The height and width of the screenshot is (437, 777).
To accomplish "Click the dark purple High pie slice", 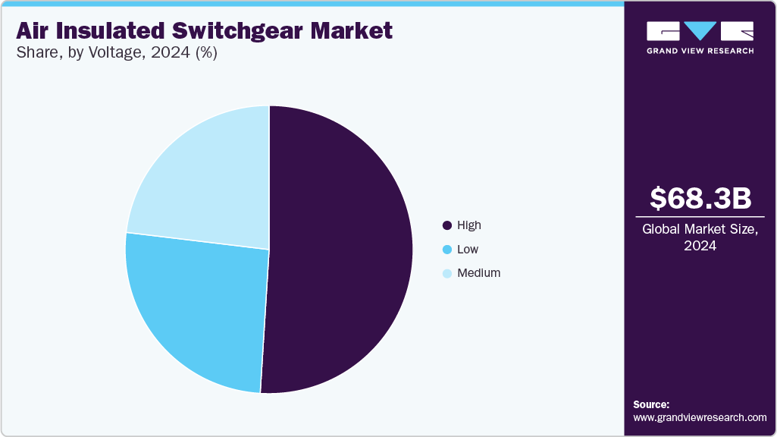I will coord(341,250).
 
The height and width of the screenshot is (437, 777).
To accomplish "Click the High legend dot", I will coord(447,225).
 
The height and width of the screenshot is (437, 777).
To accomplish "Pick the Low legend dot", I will coord(447,250).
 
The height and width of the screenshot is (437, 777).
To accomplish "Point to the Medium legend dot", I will coord(447,273).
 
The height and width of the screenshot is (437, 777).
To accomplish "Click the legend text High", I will coord(469,225).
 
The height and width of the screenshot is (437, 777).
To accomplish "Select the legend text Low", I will coord(468,250).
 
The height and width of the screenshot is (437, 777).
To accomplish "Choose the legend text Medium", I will coord(479,273).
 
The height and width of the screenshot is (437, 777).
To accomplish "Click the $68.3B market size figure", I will coord(700,198).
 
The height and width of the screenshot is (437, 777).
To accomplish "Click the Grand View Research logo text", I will coord(700,51).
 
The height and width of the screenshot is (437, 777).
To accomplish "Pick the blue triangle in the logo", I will coord(700,30).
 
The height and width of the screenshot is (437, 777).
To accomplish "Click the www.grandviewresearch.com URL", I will coord(700,417).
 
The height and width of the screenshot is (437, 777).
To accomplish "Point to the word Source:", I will coord(651,404).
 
